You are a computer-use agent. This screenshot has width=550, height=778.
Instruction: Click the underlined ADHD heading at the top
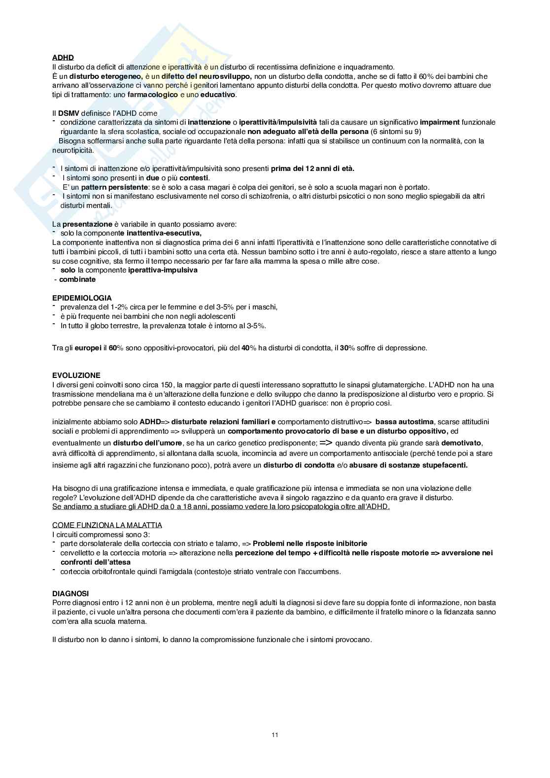point(63,58)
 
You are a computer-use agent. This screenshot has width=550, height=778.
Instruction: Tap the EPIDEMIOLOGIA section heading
point(82,298)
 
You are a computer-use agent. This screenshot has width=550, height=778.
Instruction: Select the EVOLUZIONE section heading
point(76,375)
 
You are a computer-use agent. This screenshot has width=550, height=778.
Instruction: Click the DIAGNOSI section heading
point(70,594)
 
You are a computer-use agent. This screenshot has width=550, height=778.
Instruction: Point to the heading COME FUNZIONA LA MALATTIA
point(107,525)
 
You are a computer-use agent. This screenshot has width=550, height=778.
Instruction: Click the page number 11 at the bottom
point(275,735)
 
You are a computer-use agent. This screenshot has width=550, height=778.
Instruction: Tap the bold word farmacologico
point(152,95)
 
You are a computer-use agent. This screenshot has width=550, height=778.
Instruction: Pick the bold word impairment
point(440,122)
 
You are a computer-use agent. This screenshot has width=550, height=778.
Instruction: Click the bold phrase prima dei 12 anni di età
point(312,169)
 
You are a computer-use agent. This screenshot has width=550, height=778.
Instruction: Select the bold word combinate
point(77,279)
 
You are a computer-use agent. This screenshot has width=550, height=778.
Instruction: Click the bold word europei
point(88,348)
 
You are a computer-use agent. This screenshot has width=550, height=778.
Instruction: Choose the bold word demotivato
point(462,442)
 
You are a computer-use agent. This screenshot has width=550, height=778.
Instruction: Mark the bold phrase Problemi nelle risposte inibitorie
point(310,543)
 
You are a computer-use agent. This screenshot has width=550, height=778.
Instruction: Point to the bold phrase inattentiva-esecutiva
point(164,233)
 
